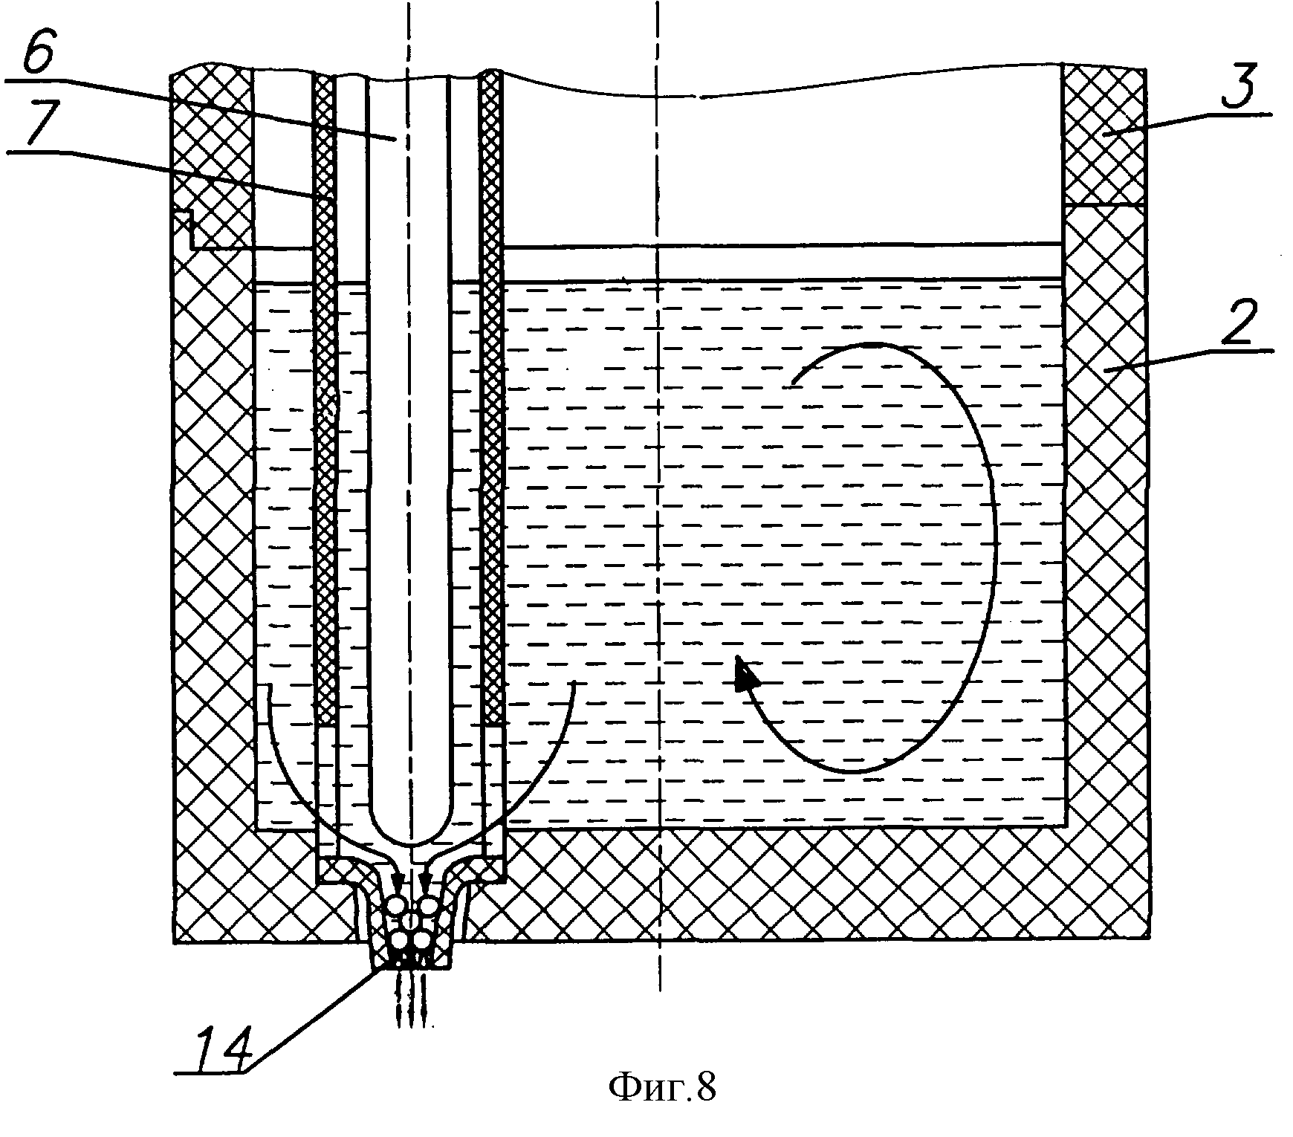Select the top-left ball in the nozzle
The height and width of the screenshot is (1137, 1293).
(x=396, y=906)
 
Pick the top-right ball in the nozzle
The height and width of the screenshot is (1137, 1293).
(x=428, y=906)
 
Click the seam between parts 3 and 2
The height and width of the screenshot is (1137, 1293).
(x=1104, y=206)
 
